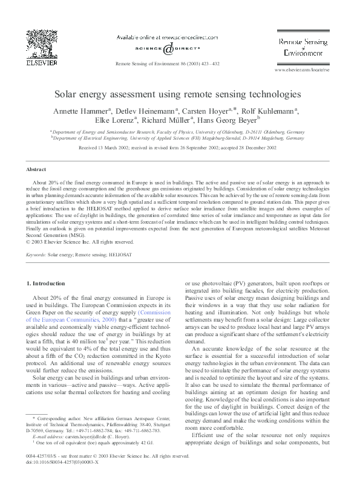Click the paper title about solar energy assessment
tap(180, 95)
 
